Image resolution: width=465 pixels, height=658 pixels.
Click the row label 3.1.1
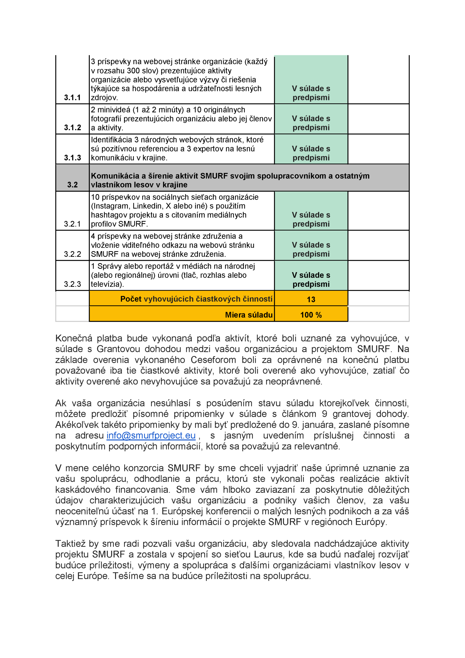[72, 98]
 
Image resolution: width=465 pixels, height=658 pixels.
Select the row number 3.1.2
[72, 128]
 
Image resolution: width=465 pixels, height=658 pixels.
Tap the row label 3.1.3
[72, 158]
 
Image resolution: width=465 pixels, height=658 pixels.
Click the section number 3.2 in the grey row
[72, 185]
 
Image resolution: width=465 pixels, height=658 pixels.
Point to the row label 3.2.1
[72, 224]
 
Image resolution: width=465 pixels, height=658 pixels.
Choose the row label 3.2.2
[72, 254]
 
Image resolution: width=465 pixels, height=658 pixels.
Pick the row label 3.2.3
[72, 284]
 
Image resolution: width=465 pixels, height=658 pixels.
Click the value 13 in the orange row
[311, 299]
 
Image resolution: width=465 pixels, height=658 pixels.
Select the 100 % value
[311, 315]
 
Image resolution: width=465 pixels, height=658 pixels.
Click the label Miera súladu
[249, 315]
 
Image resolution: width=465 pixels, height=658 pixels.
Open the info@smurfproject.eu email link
[151, 435]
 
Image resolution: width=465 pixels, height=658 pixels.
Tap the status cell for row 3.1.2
[311, 123]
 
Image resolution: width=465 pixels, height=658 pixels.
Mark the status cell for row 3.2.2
[311, 250]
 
